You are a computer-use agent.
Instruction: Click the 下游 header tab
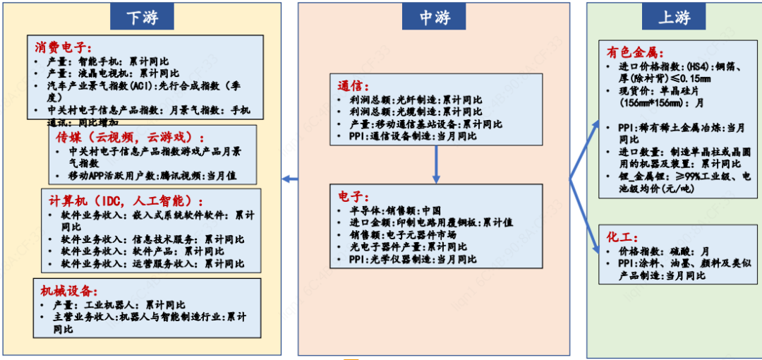pos(143,18)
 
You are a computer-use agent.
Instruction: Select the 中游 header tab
pos(435,18)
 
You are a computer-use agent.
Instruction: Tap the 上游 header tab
pos(674,18)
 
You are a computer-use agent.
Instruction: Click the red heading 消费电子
pos(64,48)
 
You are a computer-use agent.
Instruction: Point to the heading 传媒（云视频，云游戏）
pos(130,136)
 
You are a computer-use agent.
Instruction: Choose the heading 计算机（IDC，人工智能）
pos(126,200)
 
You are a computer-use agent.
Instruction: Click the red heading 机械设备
pos(68,291)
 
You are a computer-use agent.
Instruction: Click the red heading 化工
pos(622,236)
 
